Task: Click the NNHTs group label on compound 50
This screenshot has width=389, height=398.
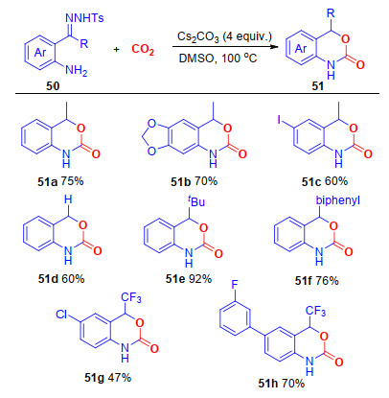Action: [84, 18]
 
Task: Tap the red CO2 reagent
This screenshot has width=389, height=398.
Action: [143, 50]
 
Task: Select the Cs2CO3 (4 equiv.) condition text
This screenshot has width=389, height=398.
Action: [224, 36]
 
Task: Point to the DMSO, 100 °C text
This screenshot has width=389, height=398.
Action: [217, 59]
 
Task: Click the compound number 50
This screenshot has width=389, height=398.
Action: [53, 86]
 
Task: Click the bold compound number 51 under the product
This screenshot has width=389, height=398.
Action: [317, 86]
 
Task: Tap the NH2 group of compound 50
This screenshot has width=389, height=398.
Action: [77, 70]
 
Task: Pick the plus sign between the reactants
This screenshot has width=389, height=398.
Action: [116, 50]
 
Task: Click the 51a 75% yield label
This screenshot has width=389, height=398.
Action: [60, 181]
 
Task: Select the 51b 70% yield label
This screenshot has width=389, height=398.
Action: [194, 181]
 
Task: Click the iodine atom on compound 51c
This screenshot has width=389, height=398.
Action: [279, 120]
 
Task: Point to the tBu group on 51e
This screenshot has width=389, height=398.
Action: [196, 201]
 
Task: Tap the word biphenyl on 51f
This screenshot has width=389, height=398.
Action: [338, 200]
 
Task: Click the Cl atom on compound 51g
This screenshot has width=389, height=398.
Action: [61, 315]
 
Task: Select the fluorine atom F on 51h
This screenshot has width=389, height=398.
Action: [235, 285]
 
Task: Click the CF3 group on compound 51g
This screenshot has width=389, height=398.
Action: [131, 298]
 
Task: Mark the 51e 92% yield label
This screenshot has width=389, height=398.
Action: [189, 279]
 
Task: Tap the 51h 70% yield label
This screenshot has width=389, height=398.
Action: [282, 384]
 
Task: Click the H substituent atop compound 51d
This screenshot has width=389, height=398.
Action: [68, 199]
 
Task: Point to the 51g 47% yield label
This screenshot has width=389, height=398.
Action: [108, 378]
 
